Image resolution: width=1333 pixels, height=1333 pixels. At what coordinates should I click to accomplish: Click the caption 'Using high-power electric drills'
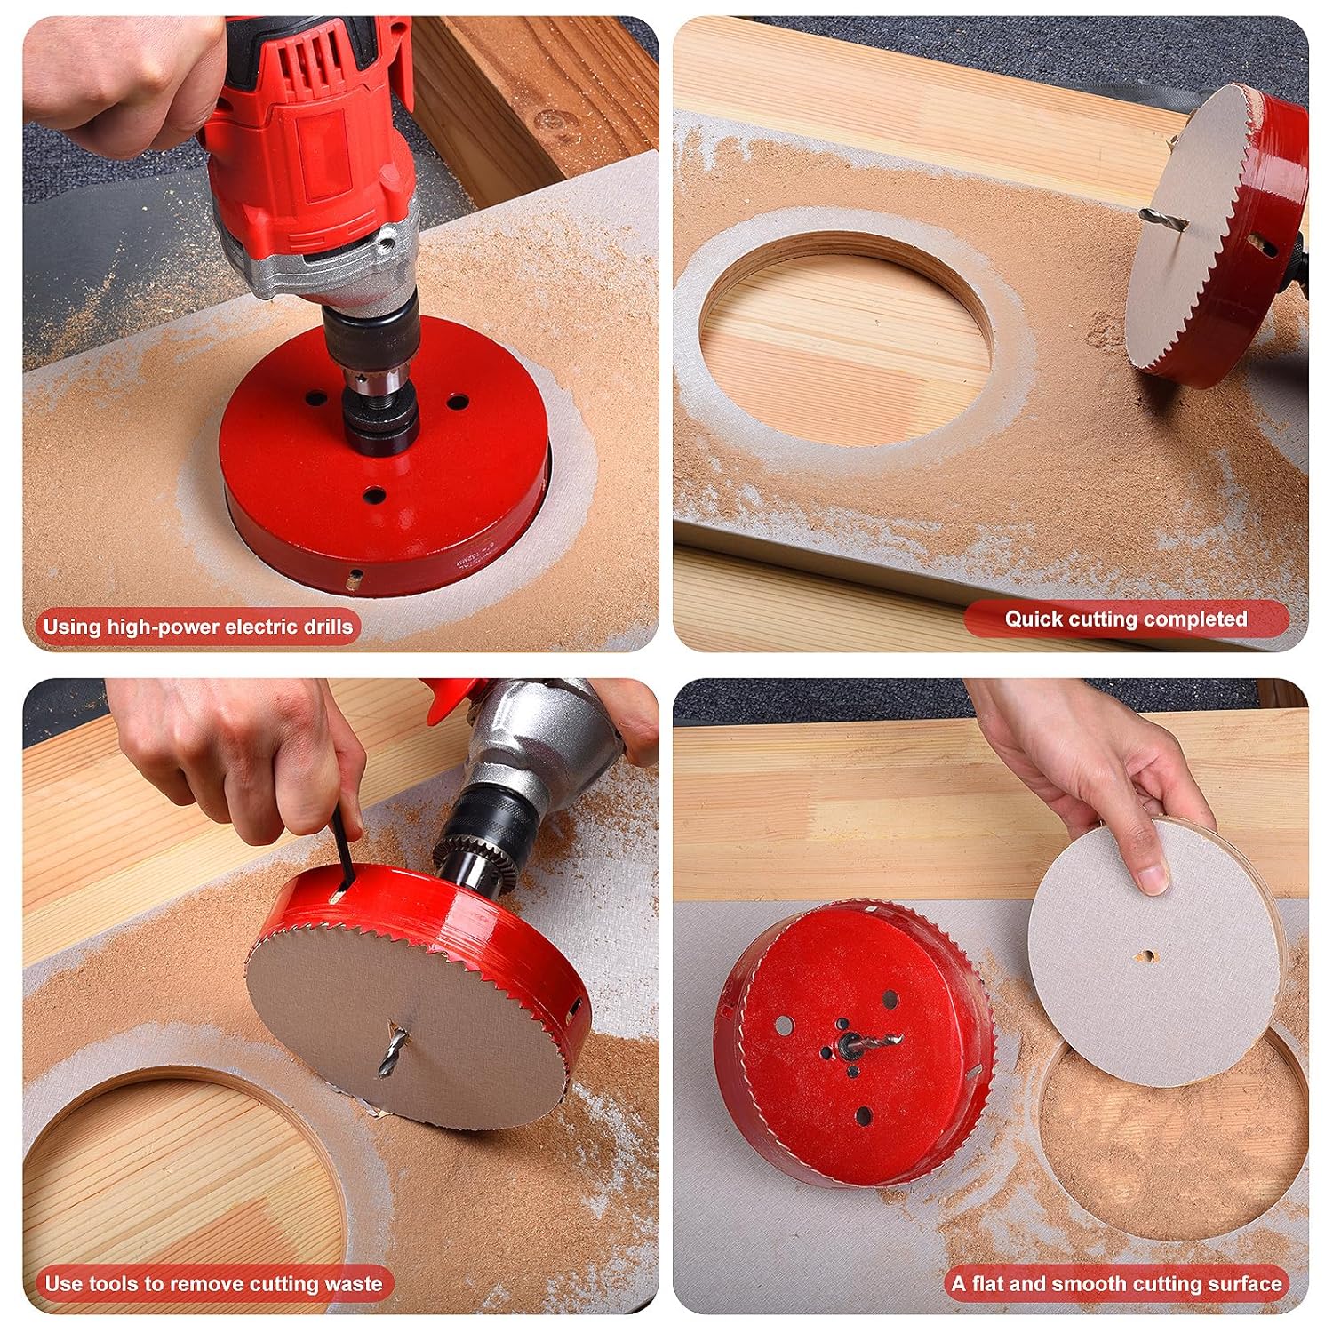point(197,627)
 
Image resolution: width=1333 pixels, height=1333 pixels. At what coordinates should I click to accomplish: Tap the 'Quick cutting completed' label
point(1126,619)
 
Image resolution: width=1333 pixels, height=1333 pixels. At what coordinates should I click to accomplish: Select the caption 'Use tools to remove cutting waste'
point(213,1283)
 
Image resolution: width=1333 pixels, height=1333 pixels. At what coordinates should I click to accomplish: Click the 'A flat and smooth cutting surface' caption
point(1116,1283)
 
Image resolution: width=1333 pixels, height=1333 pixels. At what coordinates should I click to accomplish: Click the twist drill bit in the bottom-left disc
point(394,1049)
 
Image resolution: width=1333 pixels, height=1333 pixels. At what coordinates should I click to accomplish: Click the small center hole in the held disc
point(1147,956)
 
